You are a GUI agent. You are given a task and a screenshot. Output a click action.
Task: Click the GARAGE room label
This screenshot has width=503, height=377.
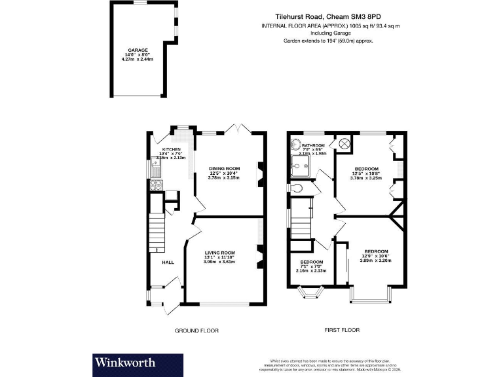tap(138, 50)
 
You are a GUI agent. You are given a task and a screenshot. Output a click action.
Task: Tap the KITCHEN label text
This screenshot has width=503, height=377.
tap(171, 149)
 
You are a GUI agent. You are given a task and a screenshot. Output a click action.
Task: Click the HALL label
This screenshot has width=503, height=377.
tap(168, 262)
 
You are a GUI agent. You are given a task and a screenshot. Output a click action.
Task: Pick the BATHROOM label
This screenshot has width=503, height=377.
tap(313, 145)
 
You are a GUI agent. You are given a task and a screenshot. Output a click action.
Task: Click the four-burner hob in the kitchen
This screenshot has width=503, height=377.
tap(157, 185)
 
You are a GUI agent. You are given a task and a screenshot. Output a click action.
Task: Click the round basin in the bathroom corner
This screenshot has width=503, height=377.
tap(295, 147)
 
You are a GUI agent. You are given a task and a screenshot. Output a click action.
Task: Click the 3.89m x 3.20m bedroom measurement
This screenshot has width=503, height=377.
tap(376, 260)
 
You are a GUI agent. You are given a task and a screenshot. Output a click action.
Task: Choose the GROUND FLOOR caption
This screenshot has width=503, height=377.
tap(196, 331)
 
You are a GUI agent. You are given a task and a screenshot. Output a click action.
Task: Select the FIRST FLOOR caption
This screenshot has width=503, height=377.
tap(342, 330)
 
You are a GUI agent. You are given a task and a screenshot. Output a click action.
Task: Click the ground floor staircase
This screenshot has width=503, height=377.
tap(157, 232)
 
